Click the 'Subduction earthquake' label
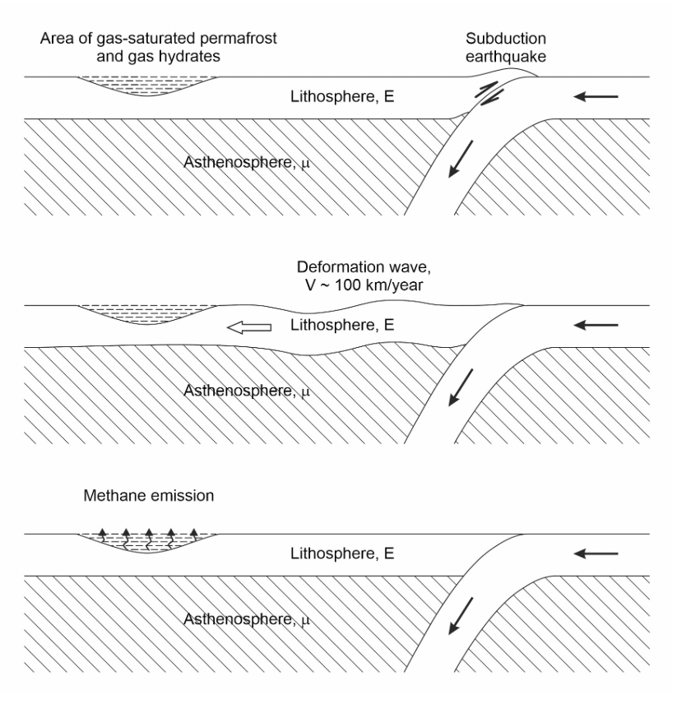506,47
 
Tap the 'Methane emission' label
149,496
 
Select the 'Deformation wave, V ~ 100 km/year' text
364,276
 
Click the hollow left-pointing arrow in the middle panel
249,328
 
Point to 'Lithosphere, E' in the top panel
342,96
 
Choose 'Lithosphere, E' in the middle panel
342,325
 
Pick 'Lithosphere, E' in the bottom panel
342,553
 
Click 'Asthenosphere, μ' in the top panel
247,162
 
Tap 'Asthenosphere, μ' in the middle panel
247,391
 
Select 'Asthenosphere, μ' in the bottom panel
247,619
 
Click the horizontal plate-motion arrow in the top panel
596,96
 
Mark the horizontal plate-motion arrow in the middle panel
596,325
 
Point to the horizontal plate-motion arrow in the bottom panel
596,553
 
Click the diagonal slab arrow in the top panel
461,159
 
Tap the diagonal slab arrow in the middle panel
461,387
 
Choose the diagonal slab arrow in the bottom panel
461,616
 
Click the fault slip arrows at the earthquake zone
489,94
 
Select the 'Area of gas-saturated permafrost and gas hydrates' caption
159,47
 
